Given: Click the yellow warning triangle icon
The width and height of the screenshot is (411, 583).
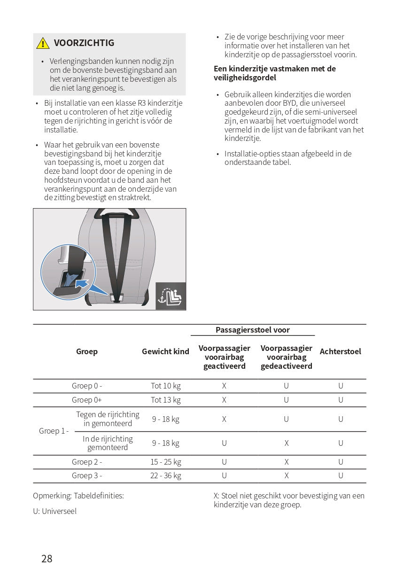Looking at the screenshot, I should pos(43,43).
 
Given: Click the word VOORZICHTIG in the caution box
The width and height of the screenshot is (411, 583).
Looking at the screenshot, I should pos(84,43).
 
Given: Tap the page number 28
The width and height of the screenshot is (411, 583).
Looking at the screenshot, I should pos(47,559).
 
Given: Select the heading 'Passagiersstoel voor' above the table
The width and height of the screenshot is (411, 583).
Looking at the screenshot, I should pos(253,330).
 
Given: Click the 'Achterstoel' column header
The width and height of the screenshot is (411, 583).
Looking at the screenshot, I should pos(341,351).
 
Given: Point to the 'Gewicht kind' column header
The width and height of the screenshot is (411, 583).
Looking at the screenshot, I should pos(165,351).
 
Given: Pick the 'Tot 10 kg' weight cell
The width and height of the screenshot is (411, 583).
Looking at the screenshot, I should pos(165,386).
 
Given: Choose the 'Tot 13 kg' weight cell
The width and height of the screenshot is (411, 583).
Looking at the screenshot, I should pos(165,400).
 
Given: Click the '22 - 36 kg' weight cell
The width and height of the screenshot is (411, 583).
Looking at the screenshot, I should pos(165,475).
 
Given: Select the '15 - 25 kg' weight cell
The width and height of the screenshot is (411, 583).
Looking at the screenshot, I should pos(165,462).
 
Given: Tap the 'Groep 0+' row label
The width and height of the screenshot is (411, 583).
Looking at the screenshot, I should pos(87,400).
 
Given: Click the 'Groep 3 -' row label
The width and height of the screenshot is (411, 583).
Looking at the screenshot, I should pos(87,475).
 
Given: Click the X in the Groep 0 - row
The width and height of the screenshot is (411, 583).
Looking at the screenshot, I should pos(224,386).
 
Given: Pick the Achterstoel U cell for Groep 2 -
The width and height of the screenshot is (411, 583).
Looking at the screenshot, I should pos(341,462).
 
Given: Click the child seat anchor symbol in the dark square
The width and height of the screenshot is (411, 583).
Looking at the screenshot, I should pos(171,296).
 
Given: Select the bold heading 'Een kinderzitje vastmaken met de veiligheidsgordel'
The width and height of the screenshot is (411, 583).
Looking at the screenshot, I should pos(275,73).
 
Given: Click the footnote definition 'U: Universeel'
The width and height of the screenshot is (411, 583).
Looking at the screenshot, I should pos(54,511).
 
